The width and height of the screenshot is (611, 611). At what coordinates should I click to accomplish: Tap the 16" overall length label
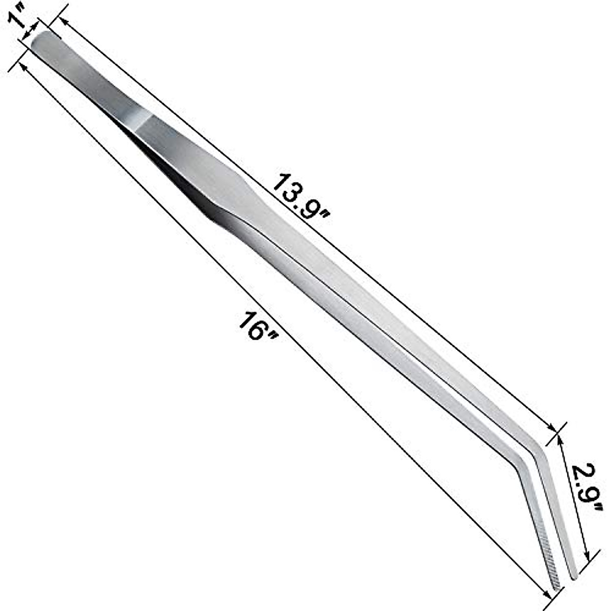tap(258, 326)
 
